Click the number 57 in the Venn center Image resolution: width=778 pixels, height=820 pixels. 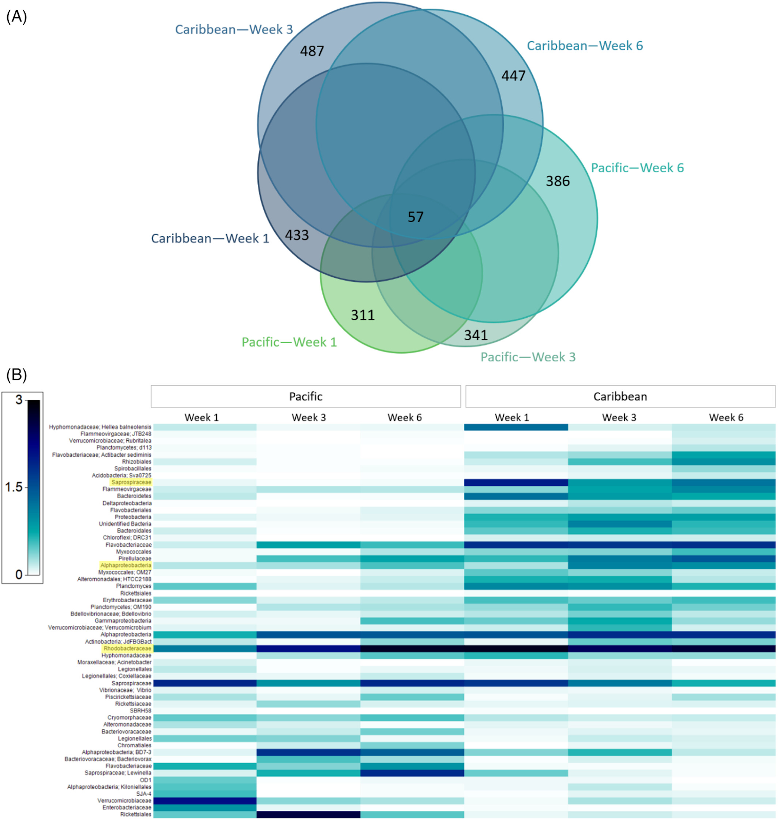click(x=416, y=217)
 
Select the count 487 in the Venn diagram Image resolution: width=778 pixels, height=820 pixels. click(x=312, y=51)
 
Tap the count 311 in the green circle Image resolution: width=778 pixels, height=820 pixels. click(x=363, y=315)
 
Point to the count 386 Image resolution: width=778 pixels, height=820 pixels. click(x=558, y=181)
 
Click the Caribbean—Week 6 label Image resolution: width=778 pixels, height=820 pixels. click(x=585, y=46)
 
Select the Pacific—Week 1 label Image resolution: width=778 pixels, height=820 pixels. click(x=289, y=342)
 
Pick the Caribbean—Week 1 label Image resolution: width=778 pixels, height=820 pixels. click(x=210, y=238)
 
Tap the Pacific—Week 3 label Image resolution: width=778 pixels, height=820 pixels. click(x=528, y=357)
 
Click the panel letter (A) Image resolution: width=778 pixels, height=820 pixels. click(x=16, y=17)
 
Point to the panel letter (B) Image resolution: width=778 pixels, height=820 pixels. click(x=16, y=375)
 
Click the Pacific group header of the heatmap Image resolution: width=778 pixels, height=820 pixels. click(x=305, y=397)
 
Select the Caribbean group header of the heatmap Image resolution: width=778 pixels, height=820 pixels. click(x=620, y=397)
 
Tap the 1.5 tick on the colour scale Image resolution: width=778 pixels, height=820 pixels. click(x=13, y=487)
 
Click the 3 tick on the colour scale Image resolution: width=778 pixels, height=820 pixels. click(x=19, y=400)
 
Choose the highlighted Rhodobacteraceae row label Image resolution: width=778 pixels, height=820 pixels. click(x=127, y=648)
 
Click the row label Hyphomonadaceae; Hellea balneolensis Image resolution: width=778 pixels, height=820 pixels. click(x=100, y=427)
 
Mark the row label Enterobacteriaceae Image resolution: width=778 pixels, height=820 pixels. click(x=127, y=808)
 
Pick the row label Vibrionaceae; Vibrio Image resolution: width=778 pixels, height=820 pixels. click(x=125, y=690)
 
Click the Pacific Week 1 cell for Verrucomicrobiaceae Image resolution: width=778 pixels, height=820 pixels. click(x=205, y=801)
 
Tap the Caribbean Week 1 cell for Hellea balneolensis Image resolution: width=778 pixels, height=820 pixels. click(x=516, y=427)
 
